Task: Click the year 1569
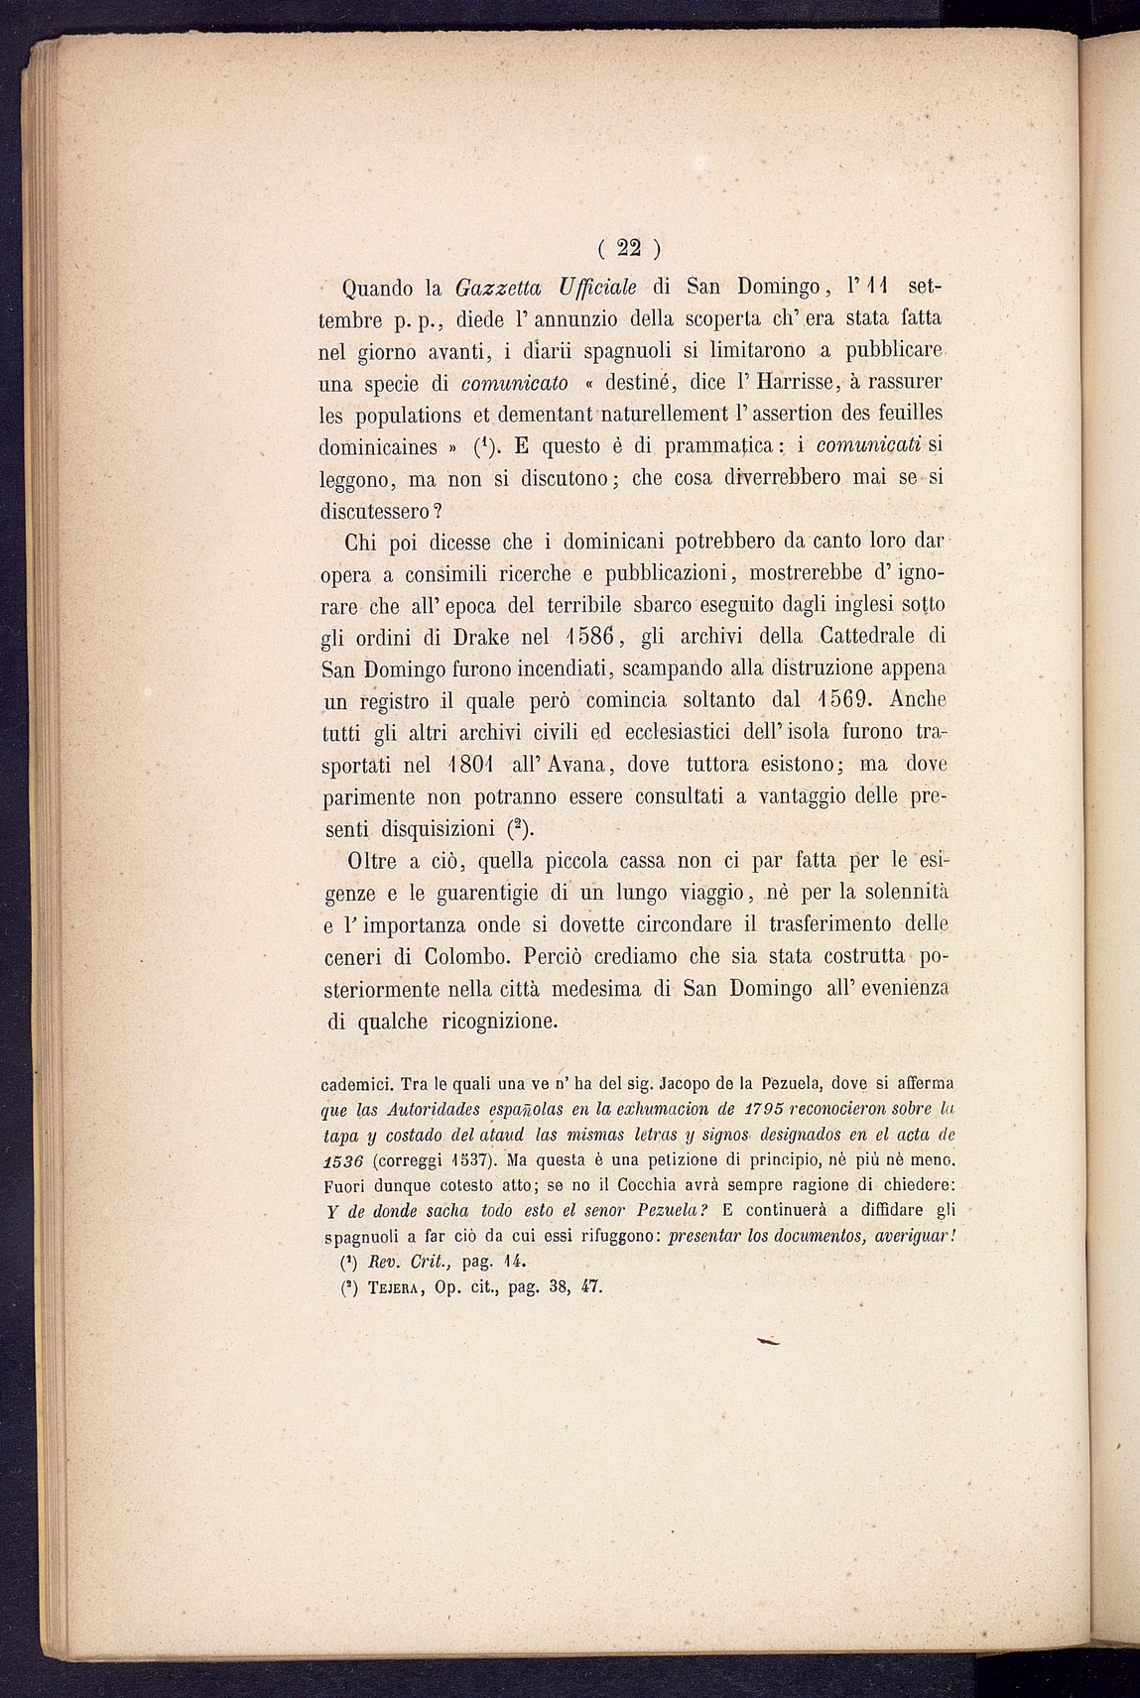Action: (x=837, y=700)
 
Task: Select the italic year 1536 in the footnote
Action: (x=345, y=1158)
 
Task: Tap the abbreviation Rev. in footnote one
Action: (x=382, y=1263)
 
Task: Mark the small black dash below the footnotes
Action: (x=768, y=1341)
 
